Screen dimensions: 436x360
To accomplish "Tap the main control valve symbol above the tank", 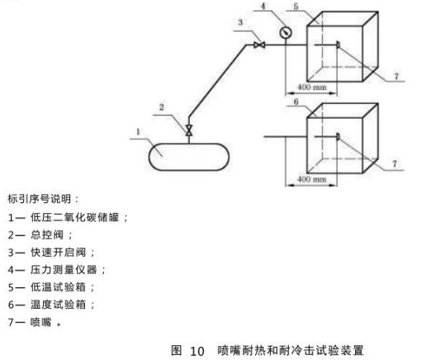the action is click(x=189, y=130).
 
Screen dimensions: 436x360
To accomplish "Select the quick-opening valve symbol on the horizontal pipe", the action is click(x=259, y=45).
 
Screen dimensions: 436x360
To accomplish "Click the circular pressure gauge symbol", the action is click(x=286, y=33).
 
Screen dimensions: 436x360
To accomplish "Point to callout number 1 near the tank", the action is click(x=138, y=132).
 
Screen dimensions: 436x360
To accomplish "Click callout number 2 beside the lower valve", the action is click(x=162, y=107).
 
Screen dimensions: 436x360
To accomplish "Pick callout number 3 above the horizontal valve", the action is click(x=240, y=22).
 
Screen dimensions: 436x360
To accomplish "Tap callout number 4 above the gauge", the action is click(x=263, y=6).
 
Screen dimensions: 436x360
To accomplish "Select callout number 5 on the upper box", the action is click(x=296, y=7).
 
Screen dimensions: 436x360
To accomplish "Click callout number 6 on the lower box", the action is click(x=296, y=102).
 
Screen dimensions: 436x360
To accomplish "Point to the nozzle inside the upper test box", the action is click(x=338, y=45).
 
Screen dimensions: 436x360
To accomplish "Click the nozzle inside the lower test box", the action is click(x=338, y=136).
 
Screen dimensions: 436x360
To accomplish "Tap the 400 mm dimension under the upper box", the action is click(x=311, y=88).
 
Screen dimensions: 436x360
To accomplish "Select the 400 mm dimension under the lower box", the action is click(x=311, y=179).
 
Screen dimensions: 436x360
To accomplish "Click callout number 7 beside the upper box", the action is click(x=396, y=76).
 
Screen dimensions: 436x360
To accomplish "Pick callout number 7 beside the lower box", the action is click(x=395, y=163).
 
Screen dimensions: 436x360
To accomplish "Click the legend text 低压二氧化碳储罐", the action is click(x=75, y=217).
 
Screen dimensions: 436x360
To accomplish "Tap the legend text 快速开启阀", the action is click(x=58, y=252).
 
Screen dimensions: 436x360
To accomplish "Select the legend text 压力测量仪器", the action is click(x=64, y=270).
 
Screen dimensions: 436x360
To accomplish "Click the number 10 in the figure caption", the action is click(x=197, y=351).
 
